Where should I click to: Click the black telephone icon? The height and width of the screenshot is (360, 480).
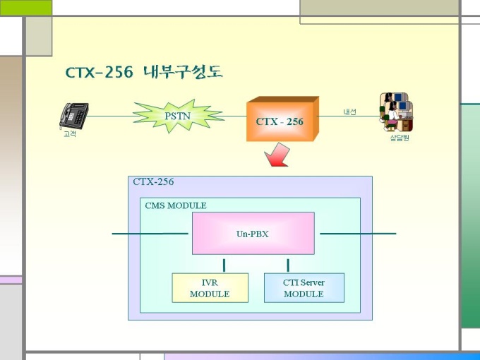74,116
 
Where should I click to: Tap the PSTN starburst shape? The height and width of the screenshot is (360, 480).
178,116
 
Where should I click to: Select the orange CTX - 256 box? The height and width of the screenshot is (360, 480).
282,119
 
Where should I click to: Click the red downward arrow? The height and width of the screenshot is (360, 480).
277,155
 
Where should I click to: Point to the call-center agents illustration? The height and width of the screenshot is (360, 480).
396,112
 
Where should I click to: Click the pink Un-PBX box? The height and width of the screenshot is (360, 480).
253,233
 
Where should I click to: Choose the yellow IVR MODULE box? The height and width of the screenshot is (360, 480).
210,288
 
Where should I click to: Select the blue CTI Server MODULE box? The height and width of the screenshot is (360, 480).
304,288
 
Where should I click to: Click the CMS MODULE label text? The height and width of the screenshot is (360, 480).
176,205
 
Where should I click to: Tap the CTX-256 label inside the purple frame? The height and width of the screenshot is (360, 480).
153,181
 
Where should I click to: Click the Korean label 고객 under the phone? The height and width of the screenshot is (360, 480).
70,134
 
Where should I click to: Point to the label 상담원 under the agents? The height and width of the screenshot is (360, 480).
400,138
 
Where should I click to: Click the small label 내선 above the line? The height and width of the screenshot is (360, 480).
349,112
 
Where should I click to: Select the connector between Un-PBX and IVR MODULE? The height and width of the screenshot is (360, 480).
224,265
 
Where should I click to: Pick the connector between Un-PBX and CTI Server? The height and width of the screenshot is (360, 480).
288,265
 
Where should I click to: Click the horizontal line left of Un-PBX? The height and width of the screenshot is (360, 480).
150,234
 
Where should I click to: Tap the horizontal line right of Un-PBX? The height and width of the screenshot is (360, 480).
358,234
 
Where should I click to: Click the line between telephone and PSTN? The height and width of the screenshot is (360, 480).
111,116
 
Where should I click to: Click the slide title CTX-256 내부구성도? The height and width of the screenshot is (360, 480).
144,72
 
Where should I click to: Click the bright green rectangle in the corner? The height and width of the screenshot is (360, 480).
26,8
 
